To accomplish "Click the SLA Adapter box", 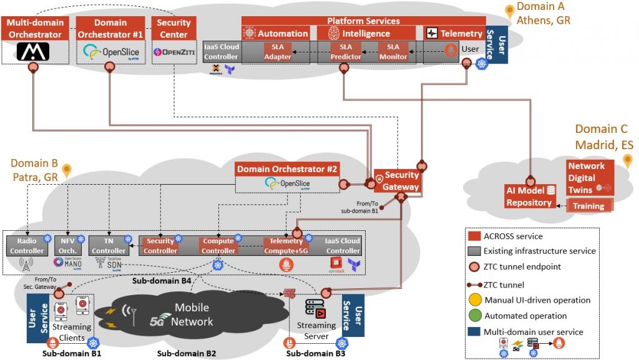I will [x=277, y=52].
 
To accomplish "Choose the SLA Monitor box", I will [x=393, y=52].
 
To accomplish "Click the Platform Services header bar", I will [x=363, y=21].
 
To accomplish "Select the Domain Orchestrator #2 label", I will [x=287, y=169].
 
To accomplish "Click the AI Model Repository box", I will [x=529, y=196].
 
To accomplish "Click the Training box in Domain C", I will [x=589, y=206].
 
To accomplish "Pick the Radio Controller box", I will [x=26, y=246].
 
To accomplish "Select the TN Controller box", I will [x=109, y=246].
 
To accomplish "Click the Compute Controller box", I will [x=218, y=246].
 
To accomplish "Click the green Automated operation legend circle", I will [x=476, y=316].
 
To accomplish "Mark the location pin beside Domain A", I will [x=510, y=11].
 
